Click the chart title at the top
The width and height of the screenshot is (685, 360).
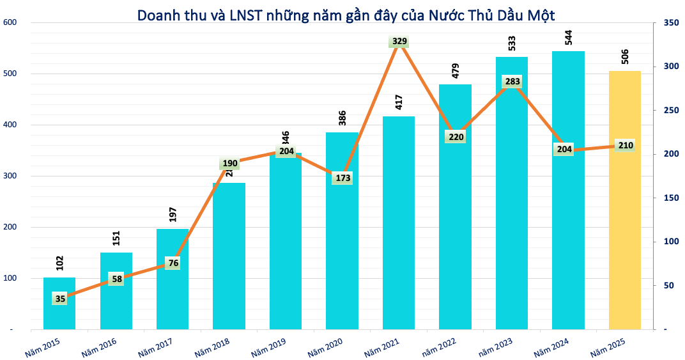346,13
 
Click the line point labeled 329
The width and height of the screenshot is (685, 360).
399,42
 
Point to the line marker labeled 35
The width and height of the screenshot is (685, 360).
60,298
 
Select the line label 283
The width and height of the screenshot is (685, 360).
512,81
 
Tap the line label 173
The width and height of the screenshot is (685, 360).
342,178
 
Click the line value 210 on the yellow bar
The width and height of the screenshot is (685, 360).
625,145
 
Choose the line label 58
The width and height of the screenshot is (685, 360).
116,278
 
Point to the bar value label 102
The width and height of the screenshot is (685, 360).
60,263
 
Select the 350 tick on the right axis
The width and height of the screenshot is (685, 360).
670,22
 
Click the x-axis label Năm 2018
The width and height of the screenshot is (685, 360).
212,344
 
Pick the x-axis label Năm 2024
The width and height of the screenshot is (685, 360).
550,344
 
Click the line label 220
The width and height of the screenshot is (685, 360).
456,136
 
